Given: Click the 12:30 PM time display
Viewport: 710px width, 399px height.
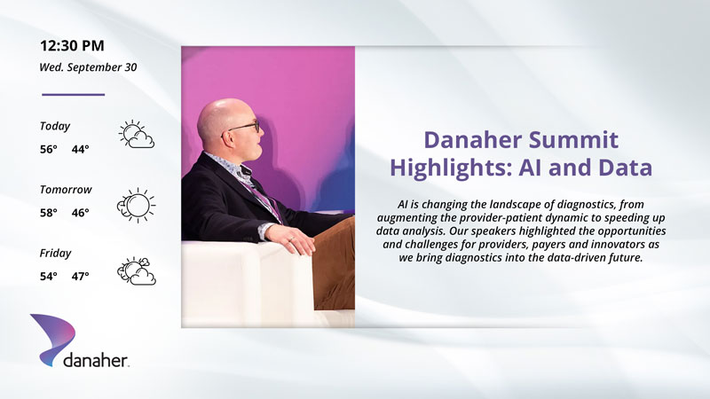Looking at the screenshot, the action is [x=72, y=46].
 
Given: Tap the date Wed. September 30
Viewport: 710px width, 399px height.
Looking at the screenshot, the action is [x=88, y=67].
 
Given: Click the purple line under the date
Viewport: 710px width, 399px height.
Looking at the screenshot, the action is [x=74, y=95].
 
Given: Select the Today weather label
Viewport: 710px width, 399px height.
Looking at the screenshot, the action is [x=55, y=126].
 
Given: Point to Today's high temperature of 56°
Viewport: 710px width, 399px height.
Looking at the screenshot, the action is [x=49, y=149].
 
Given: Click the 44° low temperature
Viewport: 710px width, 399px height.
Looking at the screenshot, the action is [x=81, y=149].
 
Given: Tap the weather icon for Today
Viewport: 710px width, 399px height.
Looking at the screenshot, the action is [x=137, y=135].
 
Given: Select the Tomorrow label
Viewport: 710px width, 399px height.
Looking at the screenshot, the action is [x=66, y=190].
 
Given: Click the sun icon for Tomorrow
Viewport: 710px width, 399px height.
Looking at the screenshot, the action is [x=136, y=205].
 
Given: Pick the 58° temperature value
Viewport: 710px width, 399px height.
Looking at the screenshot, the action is [x=49, y=213].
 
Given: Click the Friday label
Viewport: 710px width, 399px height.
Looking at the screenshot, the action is [x=55, y=254].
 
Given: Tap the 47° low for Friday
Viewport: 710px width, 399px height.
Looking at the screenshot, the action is [x=81, y=276].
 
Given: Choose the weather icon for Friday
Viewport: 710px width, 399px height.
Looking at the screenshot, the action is [x=137, y=271].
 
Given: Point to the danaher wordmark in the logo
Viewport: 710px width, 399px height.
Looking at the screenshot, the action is [x=96, y=360].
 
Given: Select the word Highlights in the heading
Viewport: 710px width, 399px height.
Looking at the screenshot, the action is [x=451, y=168].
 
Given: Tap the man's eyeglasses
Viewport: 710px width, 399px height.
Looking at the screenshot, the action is [x=243, y=128].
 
